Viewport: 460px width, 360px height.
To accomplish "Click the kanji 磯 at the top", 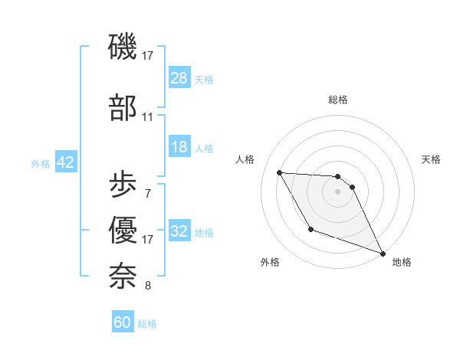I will (123, 47).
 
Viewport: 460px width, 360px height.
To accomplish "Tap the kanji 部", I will (123, 107).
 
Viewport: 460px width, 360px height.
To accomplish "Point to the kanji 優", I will (123, 229).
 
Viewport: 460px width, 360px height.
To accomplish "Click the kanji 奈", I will (123, 274).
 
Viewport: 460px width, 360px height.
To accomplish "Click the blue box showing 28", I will (179, 78).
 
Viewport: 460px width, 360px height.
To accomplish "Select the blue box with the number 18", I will (179, 147).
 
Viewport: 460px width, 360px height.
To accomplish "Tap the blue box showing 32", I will (179, 231).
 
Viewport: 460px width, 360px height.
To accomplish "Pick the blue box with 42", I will (65, 162).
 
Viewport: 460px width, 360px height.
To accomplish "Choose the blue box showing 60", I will (123, 322).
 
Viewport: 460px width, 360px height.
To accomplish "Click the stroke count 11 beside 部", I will (147, 117).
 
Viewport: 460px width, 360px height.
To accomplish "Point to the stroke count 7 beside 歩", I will (147, 193).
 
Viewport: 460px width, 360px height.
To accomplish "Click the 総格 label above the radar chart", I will (338, 100).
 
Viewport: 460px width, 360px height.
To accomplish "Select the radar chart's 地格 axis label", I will (402, 263).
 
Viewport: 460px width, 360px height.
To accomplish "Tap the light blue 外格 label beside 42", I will (41, 163).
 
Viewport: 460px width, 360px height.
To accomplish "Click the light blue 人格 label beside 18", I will (204, 148).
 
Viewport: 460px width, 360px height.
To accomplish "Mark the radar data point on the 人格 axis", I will (279, 172).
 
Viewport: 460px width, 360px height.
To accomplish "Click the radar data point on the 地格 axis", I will (383, 254).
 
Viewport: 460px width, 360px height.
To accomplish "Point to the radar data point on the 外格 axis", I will (310, 229).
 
